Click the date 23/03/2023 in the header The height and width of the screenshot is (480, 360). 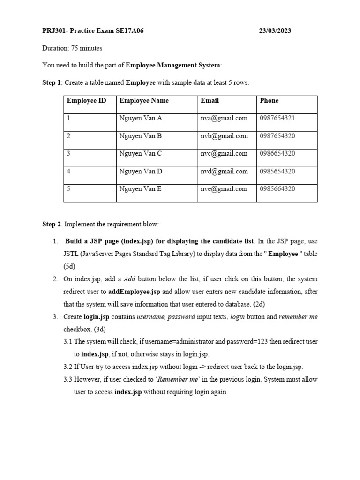(x=275, y=31)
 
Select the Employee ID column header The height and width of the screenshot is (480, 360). (x=86, y=101)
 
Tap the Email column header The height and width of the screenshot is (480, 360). (x=210, y=101)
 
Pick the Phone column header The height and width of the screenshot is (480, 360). (x=269, y=101)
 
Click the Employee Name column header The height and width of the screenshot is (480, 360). (x=144, y=101)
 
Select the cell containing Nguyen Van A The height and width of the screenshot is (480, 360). (x=141, y=118)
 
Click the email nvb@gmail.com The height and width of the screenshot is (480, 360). (x=224, y=136)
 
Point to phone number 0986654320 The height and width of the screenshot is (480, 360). (x=277, y=154)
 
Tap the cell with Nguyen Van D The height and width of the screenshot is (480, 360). (x=141, y=172)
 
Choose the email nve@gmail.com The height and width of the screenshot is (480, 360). (x=224, y=189)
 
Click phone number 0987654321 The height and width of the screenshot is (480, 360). (x=277, y=118)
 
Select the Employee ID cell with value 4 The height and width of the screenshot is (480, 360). (x=69, y=172)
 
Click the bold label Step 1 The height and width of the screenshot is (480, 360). (x=52, y=83)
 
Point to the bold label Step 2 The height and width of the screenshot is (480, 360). (x=52, y=225)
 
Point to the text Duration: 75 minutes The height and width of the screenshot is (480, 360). (x=72, y=48)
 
